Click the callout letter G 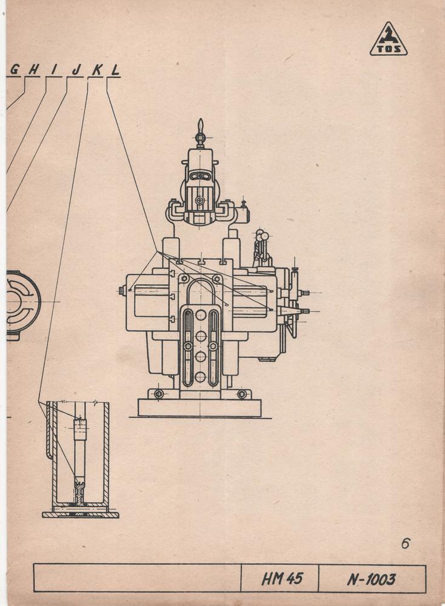coord(15,70)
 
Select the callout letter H coord(34,70)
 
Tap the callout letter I coord(54,70)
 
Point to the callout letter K coord(96,70)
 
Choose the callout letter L coord(115,70)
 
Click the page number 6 coord(405,544)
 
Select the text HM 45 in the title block coord(283,579)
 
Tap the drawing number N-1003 coord(371,579)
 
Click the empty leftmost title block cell coord(138,578)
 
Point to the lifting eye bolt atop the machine coord(200,133)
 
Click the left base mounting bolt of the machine coord(158,394)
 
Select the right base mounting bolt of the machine coord(242,394)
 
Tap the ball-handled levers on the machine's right coord(261,247)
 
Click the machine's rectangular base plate coord(199,408)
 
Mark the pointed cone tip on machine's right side coord(300,311)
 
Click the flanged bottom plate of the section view coord(81,514)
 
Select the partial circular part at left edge coord(23,305)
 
